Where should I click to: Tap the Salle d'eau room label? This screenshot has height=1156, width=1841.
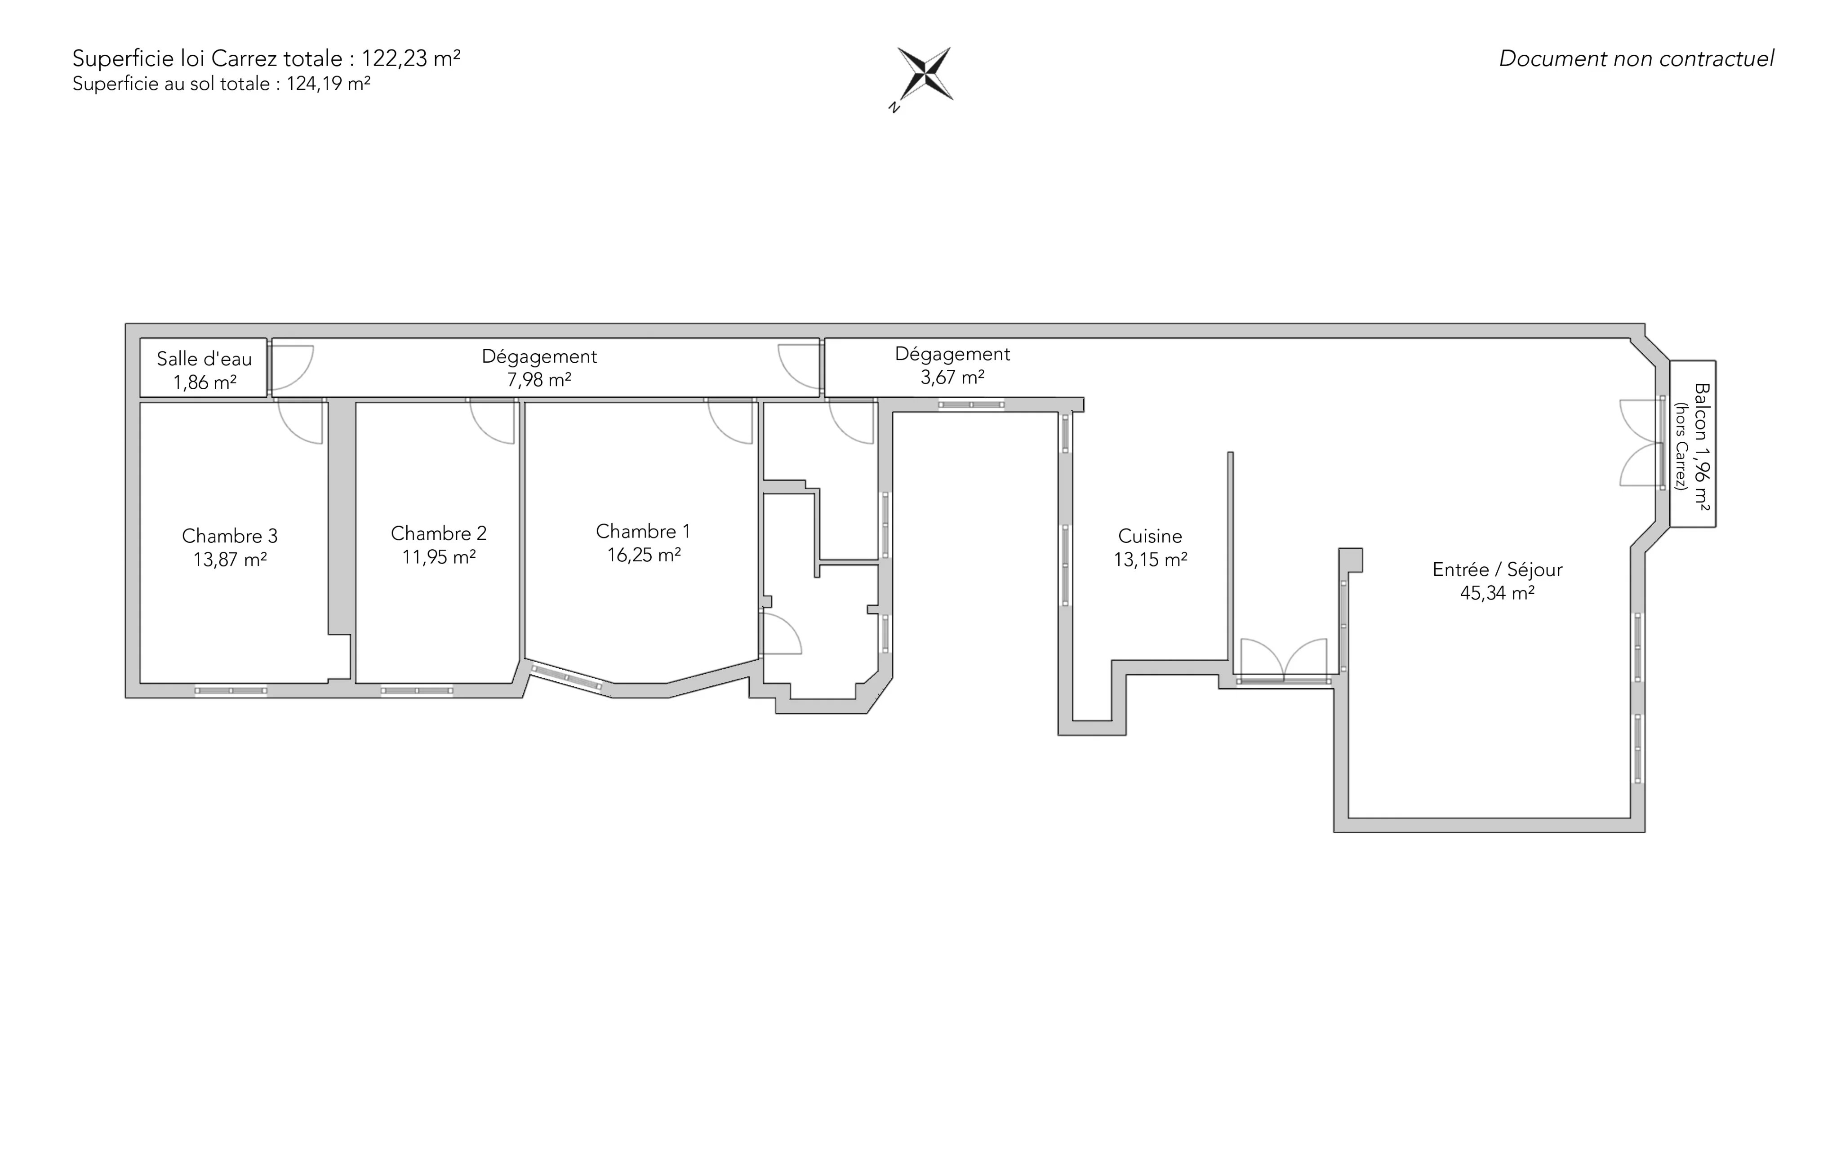click(x=204, y=359)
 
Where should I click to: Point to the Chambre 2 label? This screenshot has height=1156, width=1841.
click(x=439, y=533)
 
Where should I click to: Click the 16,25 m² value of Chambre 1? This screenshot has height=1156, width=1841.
click(x=644, y=554)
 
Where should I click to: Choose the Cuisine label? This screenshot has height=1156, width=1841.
click(x=1150, y=536)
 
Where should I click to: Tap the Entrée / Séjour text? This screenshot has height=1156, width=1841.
click(x=1497, y=569)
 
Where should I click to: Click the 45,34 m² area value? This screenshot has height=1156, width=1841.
click(x=1497, y=592)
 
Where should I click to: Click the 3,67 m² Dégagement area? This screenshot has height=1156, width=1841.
click(x=952, y=377)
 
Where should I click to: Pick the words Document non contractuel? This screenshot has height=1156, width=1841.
click(x=1636, y=59)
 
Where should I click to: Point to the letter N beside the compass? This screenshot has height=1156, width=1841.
click(x=894, y=108)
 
